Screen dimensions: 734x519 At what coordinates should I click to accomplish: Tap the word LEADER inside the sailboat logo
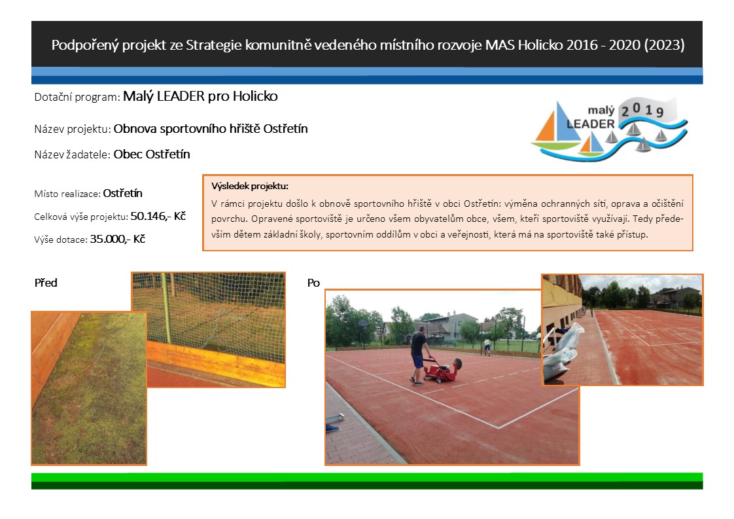[590, 124]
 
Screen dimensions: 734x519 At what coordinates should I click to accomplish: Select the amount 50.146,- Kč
[158, 216]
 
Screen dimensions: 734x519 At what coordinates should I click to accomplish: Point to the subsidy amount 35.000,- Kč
[118, 239]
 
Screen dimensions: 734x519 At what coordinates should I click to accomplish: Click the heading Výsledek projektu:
[249, 186]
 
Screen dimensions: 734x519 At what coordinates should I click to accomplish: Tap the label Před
[46, 283]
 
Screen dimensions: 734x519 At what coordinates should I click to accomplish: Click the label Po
[313, 283]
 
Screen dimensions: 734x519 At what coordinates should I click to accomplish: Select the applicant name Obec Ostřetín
[152, 154]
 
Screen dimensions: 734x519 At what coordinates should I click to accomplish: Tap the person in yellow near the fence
[488, 347]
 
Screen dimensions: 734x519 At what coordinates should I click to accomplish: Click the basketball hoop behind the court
[363, 323]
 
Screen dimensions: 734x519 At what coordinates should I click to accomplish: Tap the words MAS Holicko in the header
[524, 45]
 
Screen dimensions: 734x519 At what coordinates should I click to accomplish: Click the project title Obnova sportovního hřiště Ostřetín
[211, 129]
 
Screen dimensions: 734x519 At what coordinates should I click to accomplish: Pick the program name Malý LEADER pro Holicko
[200, 96]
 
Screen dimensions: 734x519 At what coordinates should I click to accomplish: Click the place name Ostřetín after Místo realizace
[122, 194]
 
